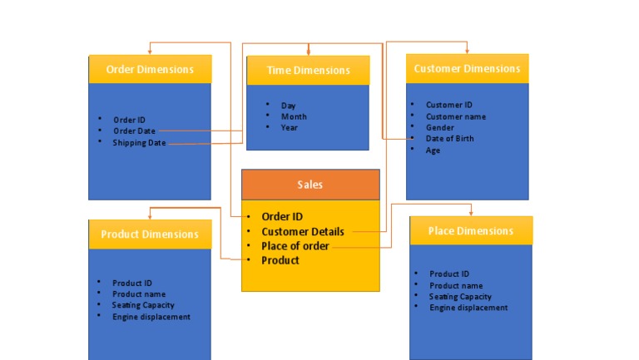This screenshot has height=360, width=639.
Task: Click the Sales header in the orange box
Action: pyautogui.click(x=310, y=185)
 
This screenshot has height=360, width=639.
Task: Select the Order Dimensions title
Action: pyautogui.click(x=150, y=69)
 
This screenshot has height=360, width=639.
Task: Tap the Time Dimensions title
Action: pyautogui.click(x=308, y=71)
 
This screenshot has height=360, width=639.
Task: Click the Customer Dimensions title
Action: pyautogui.click(x=467, y=68)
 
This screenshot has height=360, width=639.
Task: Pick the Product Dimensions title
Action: pyautogui.click(x=150, y=234)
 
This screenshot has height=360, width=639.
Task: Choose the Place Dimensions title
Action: pyautogui.click(x=471, y=230)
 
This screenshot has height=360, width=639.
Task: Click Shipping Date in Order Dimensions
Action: pyautogui.click(x=139, y=143)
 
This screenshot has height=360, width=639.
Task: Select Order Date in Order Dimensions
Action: pyautogui.click(x=134, y=131)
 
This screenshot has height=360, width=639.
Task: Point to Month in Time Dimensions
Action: pyautogui.click(x=294, y=117)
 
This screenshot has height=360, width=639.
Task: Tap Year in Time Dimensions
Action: pyautogui.click(x=289, y=128)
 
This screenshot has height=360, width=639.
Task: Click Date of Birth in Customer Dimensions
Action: pyautogui.click(x=449, y=139)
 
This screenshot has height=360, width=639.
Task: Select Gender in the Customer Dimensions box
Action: pyautogui.click(x=439, y=128)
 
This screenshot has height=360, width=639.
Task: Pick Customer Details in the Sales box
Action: pyautogui.click(x=303, y=231)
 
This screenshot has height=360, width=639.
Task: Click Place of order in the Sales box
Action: pyautogui.click(x=295, y=246)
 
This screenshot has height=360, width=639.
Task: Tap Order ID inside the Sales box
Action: pyautogui.click(x=282, y=217)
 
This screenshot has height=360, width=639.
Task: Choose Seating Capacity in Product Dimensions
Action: pyautogui.click(x=143, y=305)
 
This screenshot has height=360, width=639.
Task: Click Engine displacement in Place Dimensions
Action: pyautogui.click(x=468, y=308)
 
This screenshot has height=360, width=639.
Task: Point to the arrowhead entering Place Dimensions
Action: pyautogui.click(x=471, y=213)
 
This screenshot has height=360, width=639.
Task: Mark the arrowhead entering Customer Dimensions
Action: pyautogui.click(x=467, y=51)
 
